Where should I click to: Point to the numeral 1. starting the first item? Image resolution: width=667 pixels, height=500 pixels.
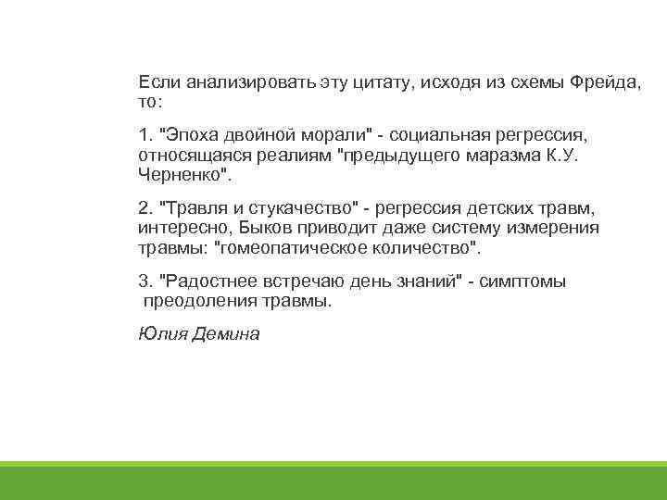click(145, 131)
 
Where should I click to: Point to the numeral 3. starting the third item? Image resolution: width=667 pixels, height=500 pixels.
click(145, 281)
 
